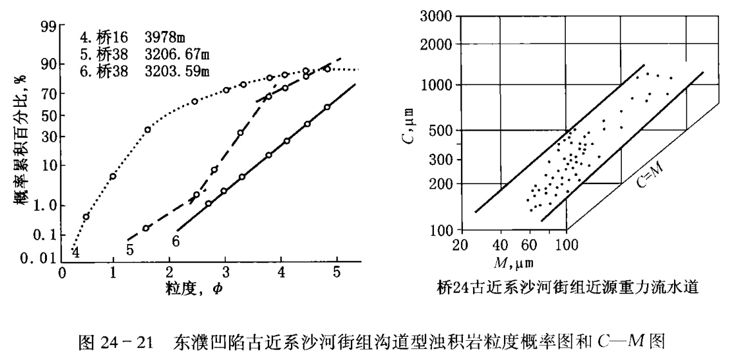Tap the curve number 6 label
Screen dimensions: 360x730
pyautogui.click(x=176, y=242)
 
